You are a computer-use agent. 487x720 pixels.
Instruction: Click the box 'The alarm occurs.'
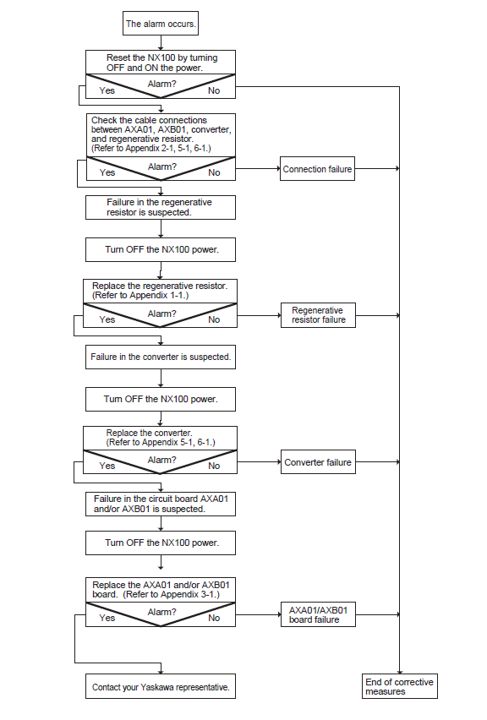[161, 24]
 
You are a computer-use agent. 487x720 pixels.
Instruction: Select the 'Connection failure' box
[317, 169]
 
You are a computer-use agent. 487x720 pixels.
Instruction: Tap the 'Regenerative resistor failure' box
[318, 315]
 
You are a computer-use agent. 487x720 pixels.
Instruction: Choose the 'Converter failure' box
[318, 462]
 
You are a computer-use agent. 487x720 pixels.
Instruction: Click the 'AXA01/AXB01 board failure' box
[318, 614]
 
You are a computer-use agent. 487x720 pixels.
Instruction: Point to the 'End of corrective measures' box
[400, 686]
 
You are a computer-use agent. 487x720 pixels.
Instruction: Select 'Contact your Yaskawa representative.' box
[161, 686]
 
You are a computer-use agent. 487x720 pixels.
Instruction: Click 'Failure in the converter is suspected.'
[161, 357]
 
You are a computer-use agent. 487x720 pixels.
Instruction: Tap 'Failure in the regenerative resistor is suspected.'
[161, 208]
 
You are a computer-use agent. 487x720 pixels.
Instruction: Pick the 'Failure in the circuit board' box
[161, 505]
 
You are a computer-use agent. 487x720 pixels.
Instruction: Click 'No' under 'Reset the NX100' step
[214, 91]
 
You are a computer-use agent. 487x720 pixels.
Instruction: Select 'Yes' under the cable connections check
[107, 172]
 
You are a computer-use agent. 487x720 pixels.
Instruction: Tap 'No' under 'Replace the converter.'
[214, 466]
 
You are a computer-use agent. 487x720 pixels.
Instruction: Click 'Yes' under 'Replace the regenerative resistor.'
[107, 319]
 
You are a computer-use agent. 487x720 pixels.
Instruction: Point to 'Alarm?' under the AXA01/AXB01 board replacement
[161, 612]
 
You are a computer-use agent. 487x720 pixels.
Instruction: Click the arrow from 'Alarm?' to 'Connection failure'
[258, 168]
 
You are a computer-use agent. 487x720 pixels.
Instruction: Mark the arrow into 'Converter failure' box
[259, 461]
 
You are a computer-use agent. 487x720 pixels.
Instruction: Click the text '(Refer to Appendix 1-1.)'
[140, 295]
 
